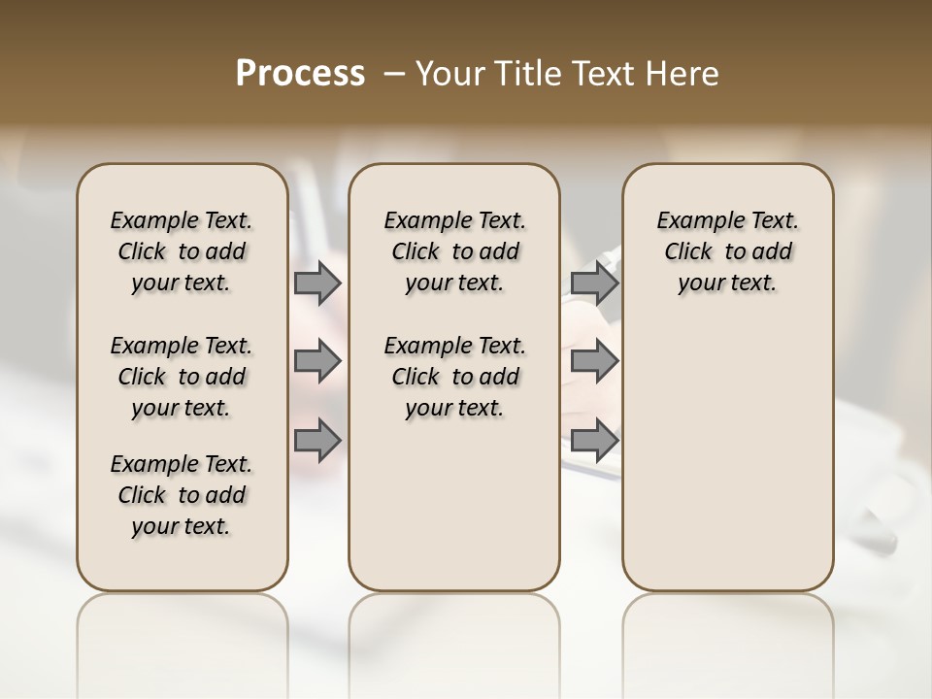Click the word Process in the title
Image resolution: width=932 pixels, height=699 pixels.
click(300, 73)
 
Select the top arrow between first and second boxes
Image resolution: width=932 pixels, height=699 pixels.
click(316, 283)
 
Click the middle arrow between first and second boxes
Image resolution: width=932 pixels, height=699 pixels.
click(316, 361)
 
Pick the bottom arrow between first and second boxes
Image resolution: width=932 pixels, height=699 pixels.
click(316, 441)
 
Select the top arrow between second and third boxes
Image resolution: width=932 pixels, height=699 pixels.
click(594, 283)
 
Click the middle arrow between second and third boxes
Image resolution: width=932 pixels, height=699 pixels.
click(594, 361)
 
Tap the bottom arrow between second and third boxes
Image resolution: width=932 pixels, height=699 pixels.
click(594, 441)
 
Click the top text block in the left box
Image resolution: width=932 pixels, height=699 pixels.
click(182, 251)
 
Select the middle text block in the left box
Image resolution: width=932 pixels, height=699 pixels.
click(182, 377)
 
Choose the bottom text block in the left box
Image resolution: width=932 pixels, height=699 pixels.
click(182, 495)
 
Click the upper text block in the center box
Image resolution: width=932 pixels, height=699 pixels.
click(454, 251)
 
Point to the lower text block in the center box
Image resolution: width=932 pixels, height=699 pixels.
click(454, 377)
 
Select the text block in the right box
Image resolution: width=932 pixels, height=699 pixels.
click(727, 251)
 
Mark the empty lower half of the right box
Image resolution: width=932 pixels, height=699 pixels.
click(727, 456)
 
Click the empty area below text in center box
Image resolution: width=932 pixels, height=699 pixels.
click(454, 505)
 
